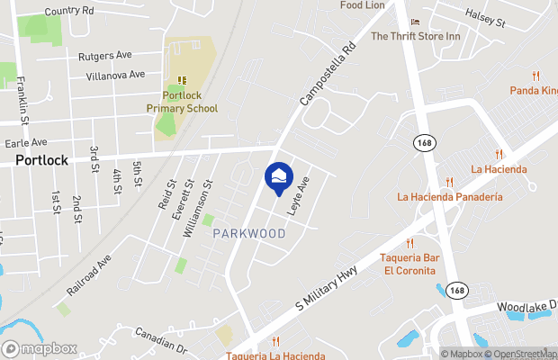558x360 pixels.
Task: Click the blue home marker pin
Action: click(x=278, y=177)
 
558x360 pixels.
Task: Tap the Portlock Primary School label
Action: click(x=183, y=102)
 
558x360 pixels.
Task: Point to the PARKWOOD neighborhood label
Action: click(x=249, y=234)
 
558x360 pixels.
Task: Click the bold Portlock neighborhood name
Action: click(x=41, y=160)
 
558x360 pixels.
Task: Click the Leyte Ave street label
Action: click(x=299, y=195)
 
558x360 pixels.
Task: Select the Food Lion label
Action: click(x=362, y=5)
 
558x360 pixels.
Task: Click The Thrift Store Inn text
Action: click(x=416, y=37)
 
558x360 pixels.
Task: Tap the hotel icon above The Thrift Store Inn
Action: click(x=415, y=22)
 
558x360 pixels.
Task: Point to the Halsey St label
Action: click(x=487, y=15)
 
